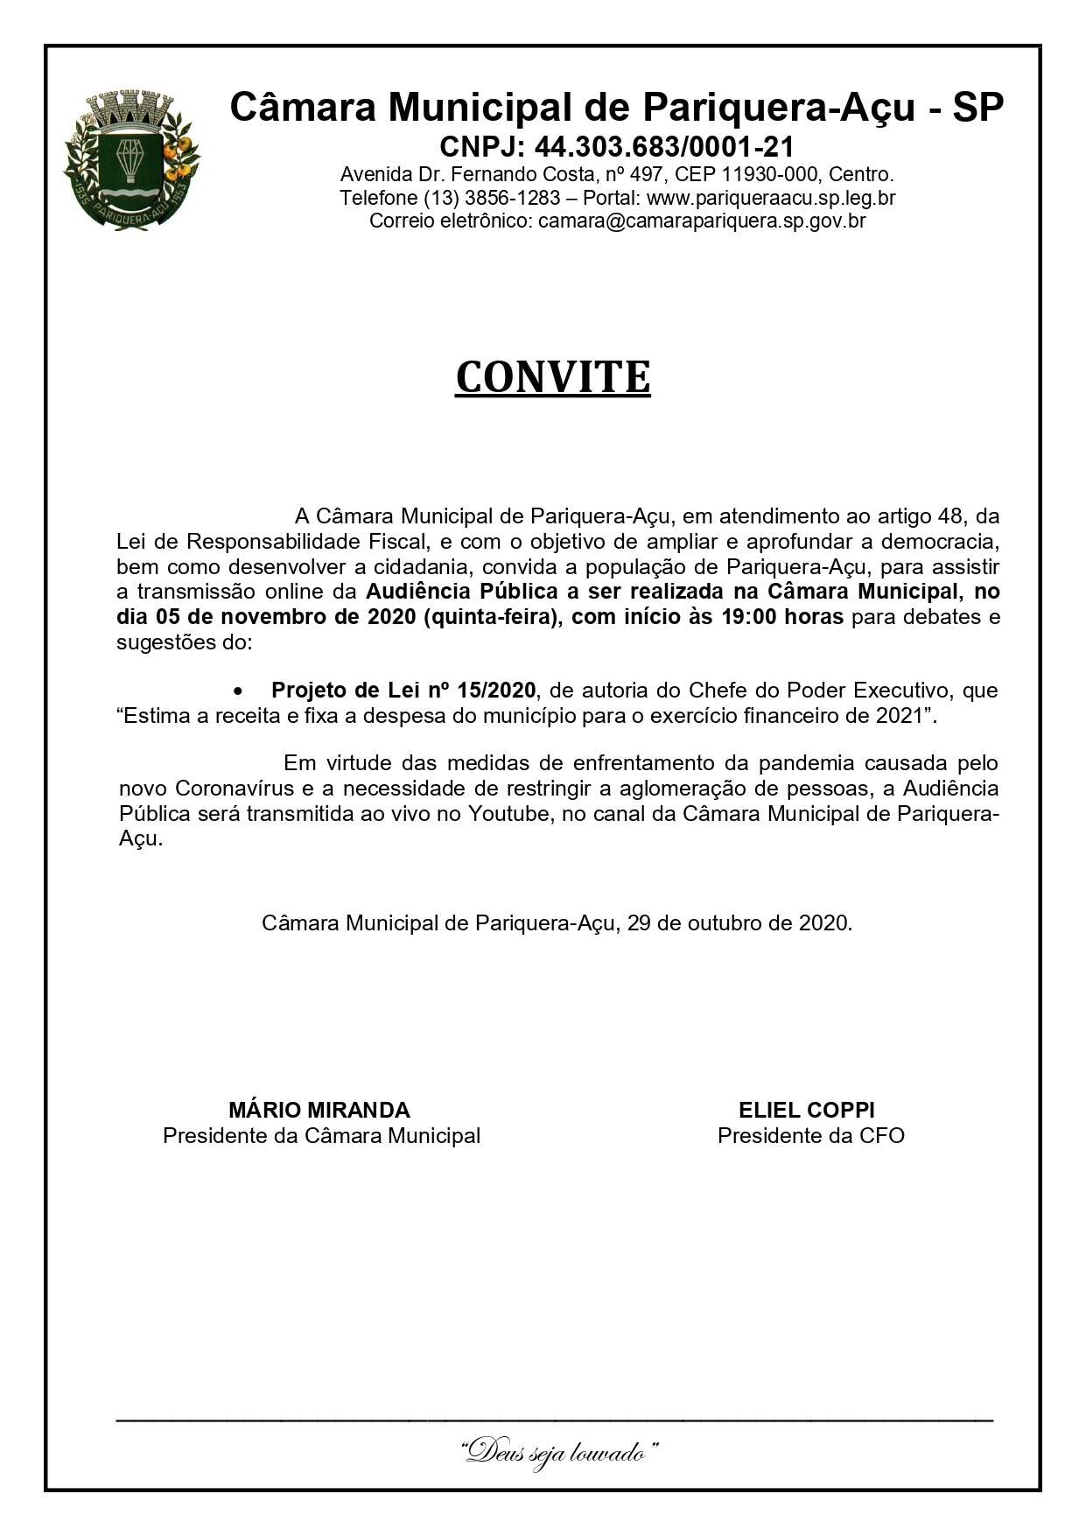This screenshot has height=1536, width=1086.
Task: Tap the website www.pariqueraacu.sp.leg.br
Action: (770, 198)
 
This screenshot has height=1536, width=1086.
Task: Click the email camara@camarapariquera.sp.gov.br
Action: (702, 221)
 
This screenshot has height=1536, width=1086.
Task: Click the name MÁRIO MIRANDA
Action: (319, 1111)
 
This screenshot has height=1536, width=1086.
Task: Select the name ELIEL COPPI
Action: (806, 1111)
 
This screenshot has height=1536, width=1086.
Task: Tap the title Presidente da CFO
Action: (810, 1136)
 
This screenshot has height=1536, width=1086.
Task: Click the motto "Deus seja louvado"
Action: (558, 1454)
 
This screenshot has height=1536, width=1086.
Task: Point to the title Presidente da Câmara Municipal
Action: (321, 1136)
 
